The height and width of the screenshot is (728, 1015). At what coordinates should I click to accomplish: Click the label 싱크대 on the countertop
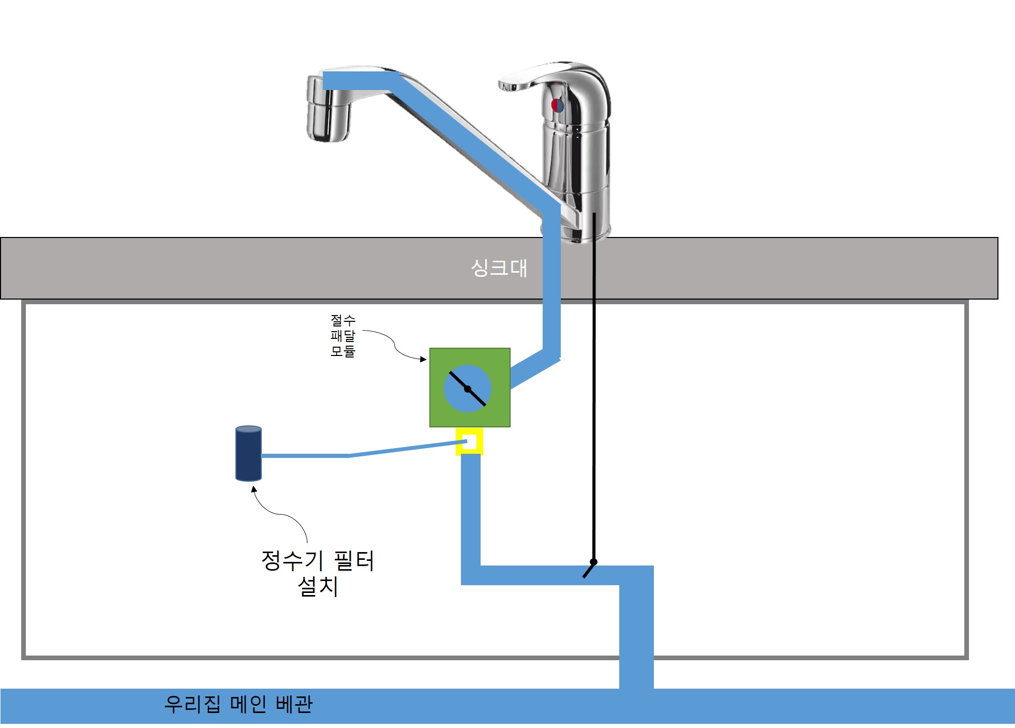[499, 268]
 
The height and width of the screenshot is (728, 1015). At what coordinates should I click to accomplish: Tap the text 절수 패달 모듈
[342, 336]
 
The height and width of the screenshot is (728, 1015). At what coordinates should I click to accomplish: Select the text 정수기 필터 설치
[318, 573]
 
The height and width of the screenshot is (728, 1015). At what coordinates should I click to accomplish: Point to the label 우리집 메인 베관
[238, 704]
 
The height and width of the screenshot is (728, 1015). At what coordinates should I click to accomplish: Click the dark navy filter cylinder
[248, 454]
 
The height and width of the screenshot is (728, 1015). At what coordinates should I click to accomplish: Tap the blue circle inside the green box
[455, 398]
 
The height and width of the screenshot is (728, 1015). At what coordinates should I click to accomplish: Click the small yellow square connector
[469, 441]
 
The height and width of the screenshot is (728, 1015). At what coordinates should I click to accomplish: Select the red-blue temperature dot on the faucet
[557, 106]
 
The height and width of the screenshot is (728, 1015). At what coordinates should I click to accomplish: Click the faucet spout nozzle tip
[327, 116]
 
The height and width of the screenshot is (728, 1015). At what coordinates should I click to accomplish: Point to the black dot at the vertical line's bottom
[593, 562]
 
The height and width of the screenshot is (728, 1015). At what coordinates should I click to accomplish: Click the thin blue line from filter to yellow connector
[352, 455]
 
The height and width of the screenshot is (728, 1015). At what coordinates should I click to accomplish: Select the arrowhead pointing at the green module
[424, 359]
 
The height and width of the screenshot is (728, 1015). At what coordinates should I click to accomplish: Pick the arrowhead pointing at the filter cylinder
[253, 489]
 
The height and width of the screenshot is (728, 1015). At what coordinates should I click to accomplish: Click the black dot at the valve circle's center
[468, 389]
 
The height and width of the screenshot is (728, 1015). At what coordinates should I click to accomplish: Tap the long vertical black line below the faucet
[594, 388]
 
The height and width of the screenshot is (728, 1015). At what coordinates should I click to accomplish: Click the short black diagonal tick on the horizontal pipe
[588, 571]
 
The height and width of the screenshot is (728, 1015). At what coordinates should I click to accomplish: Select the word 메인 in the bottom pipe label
[248, 704]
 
